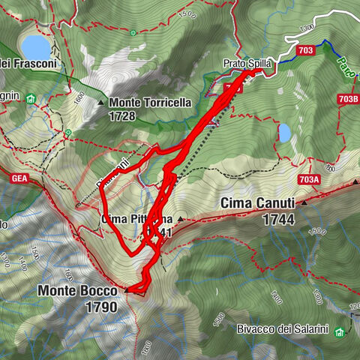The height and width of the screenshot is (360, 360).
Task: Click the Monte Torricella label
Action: (x=150, y=102)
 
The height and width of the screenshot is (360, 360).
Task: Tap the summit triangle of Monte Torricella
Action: (x=101, y=102)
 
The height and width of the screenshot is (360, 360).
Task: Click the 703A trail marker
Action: (x=309, y=178)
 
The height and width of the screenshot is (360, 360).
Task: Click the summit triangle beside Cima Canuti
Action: (x=305, y=202)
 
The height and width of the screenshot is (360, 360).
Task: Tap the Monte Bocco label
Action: (x=78, y=290)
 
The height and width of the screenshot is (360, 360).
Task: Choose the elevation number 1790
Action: (x=101, y=306)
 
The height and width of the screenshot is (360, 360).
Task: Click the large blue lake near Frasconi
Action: (x=35, y=47)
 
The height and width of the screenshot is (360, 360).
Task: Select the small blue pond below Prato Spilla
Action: (x=285, y=133)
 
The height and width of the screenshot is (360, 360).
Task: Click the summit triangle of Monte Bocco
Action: (x=127, y=289)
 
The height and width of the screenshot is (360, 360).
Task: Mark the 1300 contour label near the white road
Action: (x=304, y=28)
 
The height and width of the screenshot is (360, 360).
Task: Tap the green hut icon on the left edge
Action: (x=30, y=98)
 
